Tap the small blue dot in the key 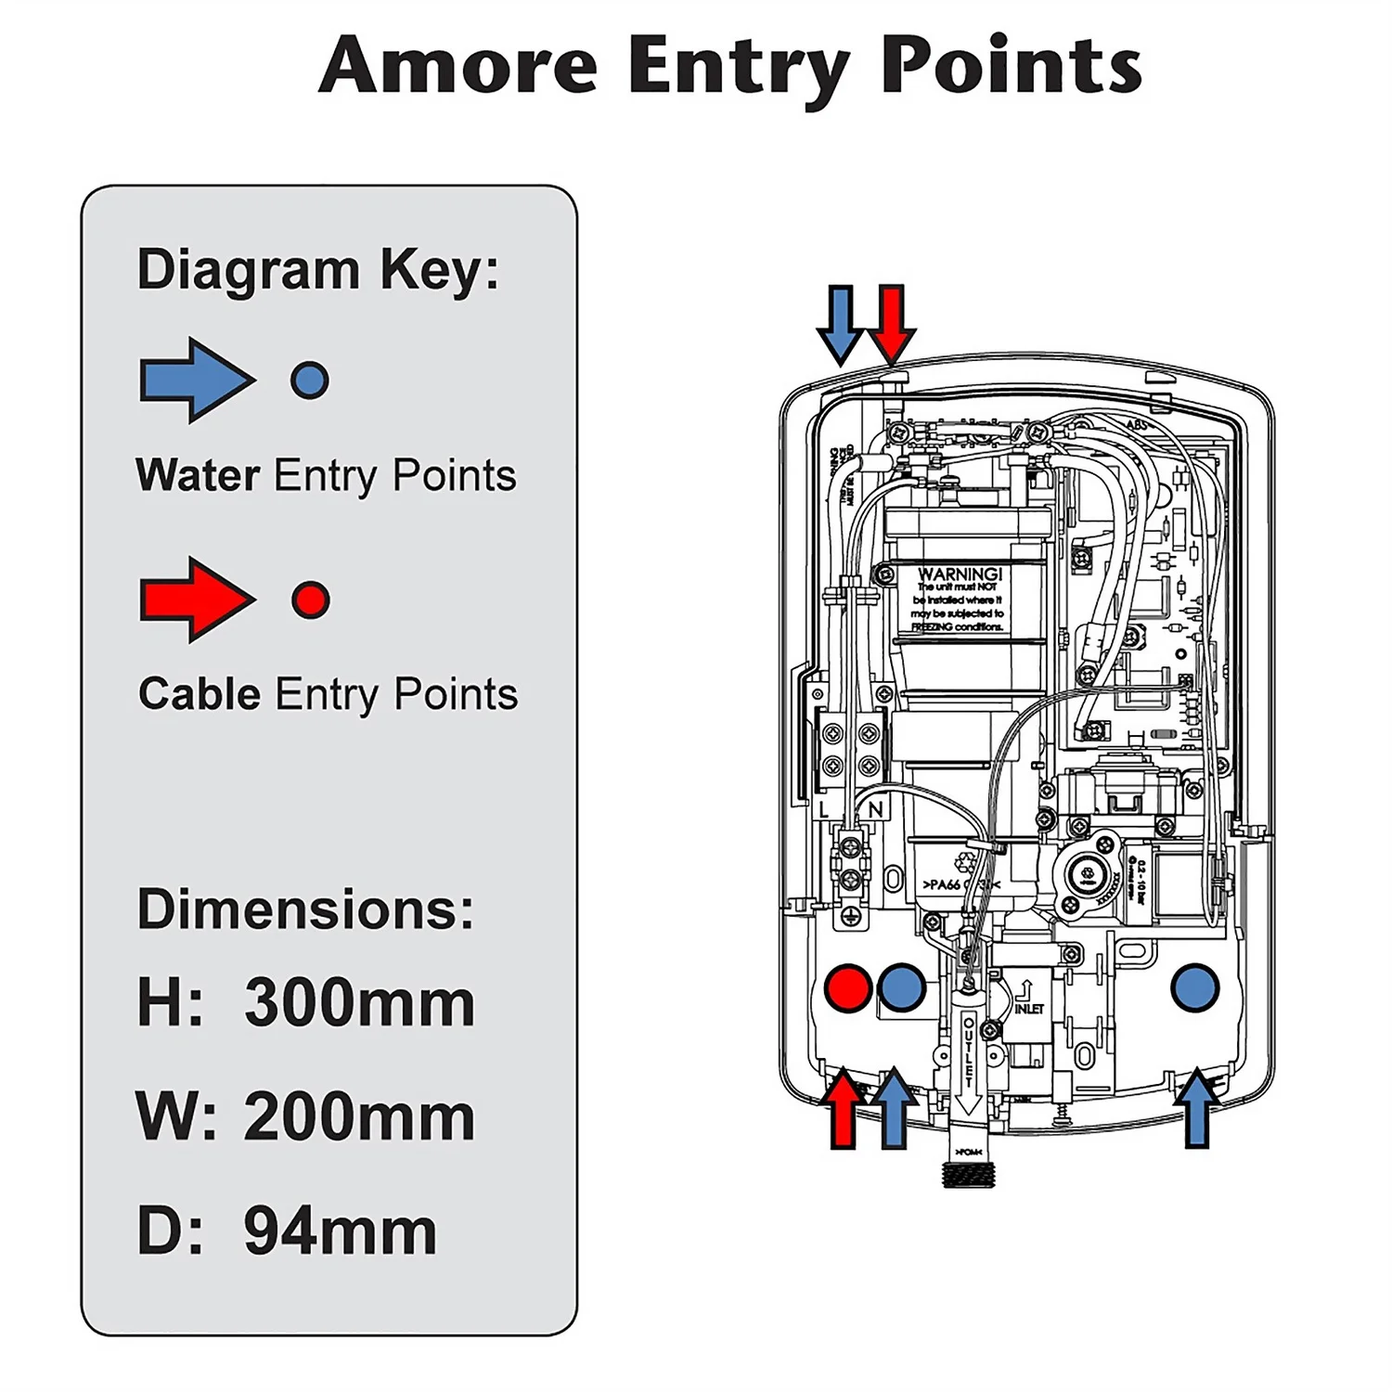click(310, 380)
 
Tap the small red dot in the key click(310, 599)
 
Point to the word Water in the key click(198, 475)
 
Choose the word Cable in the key click(200, 694)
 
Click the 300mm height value click(359, 1003)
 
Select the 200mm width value click(359, 1117)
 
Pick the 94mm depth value click(340, 1231)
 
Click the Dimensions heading click(305, 909)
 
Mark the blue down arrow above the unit click(840, 323)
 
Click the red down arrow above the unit click(892, 323)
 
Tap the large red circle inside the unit click(847, 988)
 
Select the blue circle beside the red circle click(901, 988)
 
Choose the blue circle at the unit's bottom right click(1194, 987)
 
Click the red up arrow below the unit click(843, 1108)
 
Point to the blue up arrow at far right click(1197, 1108)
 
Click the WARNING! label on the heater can click(960, 574)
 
